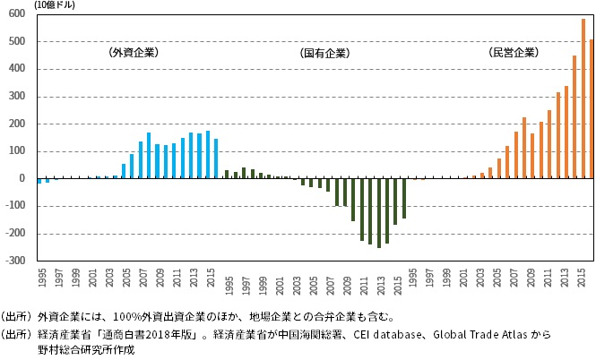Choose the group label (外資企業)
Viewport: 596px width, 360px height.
click(x=133, y=53)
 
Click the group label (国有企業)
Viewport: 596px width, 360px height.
click(x=324, y=54)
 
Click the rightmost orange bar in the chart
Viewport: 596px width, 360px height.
click(x=592, y=108)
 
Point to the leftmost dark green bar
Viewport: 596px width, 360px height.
click(x=226, y=174)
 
